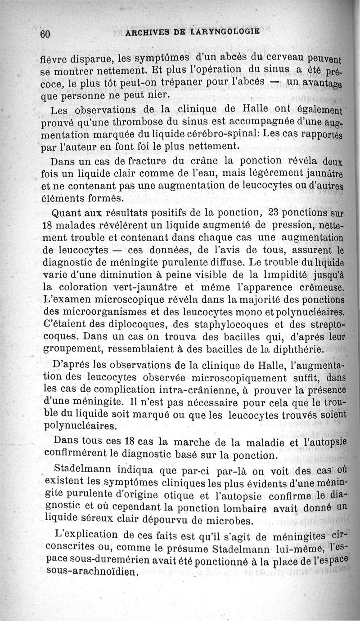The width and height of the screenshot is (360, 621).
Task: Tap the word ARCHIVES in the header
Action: pyautogui.click(x=149, y=32)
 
